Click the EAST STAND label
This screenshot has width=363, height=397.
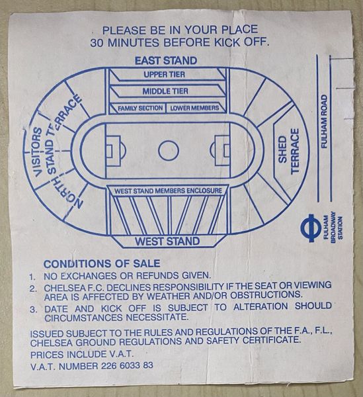pyautogui.click(x=166, y=61)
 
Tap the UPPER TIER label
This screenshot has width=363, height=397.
pyautogui.click(x=165, y=74)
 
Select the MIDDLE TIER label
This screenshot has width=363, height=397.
pyautogui.click(x=165, y=91)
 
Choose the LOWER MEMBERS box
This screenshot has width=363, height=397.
pyautogui.click(x=196, y=108)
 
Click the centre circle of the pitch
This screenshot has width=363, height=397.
pyautogui.click(x=169, y=150)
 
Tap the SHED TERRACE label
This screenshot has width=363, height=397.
pyautogui.click(x=289, y=151)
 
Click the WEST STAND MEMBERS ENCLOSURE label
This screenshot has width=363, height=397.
pyautogui.click(x=168, y=191)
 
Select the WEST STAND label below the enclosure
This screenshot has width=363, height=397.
pyautogui.click(x=167, y=241)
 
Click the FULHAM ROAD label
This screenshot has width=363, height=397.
pyautogui.click(x=324, y=121)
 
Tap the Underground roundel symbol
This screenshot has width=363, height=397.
pyautogui.click(x=311, y=228)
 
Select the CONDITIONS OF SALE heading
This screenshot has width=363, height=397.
pyautogui.click(x=102, y=263)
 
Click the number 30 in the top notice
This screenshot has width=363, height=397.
pyautogui.click(x=97, y=42)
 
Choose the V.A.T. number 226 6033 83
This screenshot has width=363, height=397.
pyautogui.click(x=127, y=366)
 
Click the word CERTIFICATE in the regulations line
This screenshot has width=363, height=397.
pyautogui.click(x=272, y=340)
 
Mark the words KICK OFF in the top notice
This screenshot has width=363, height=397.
pyautogui.click(x=241, y=42)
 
